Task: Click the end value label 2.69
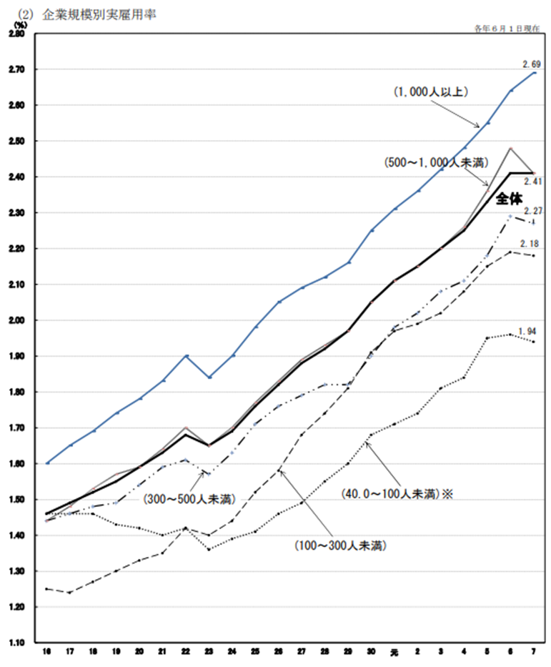point(530,64)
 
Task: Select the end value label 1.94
point(528,331)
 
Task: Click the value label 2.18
point(530,244)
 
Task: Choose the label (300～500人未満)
point(187,498)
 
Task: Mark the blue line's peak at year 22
point(185,355)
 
